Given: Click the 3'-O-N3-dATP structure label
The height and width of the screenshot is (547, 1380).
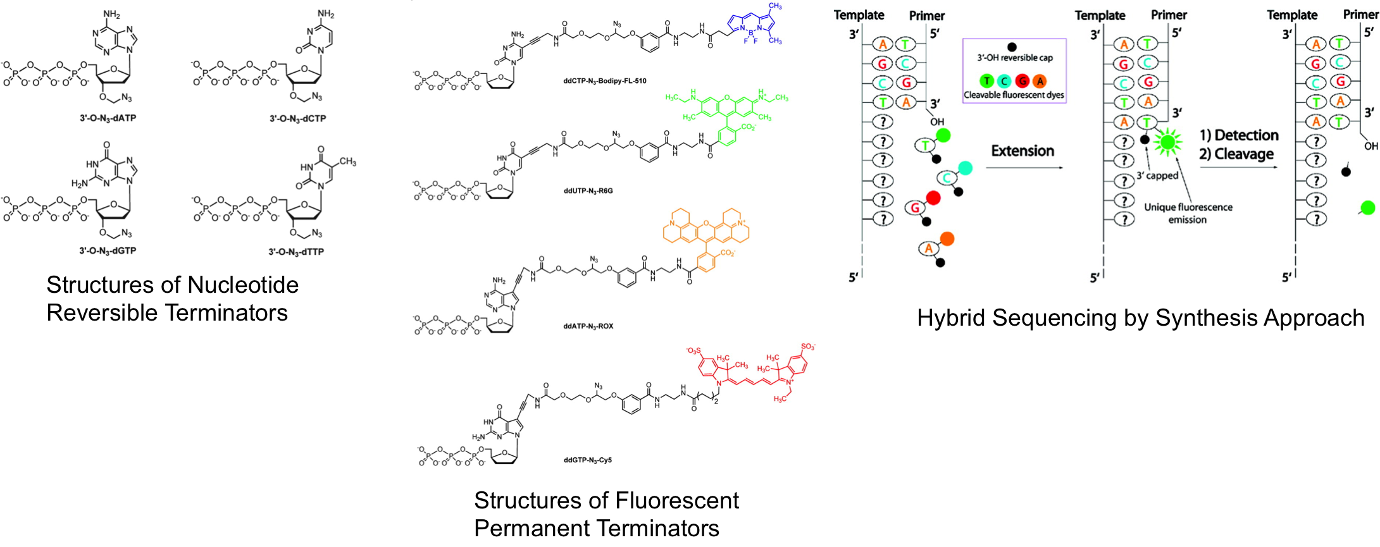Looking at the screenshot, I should (108, 118).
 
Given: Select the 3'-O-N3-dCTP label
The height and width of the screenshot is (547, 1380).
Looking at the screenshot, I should (298, 118).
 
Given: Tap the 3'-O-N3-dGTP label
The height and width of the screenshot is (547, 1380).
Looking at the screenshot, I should (108, 250).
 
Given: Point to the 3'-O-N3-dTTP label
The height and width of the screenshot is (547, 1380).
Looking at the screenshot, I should (296, 252).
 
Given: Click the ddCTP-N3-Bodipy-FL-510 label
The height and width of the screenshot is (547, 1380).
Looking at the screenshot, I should (605, 81).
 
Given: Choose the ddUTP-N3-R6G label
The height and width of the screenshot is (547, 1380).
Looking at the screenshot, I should (588, 191).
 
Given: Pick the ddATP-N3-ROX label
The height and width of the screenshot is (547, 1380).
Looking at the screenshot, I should (588, 326).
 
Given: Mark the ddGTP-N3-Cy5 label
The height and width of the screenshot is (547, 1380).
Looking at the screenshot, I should (588, 460).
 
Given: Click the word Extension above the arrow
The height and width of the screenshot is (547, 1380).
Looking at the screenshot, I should (1023, 151).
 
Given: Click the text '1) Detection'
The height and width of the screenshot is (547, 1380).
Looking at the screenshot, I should (1239, 135).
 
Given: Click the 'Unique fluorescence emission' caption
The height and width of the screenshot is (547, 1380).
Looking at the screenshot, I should (1188, 213).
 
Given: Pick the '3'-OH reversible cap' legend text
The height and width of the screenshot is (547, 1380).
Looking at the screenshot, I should (1015, 58).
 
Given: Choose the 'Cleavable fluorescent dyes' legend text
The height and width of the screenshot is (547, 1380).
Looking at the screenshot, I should (1014, 95).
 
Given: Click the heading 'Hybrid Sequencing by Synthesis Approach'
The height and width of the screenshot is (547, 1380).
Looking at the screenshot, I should (1140, 317).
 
